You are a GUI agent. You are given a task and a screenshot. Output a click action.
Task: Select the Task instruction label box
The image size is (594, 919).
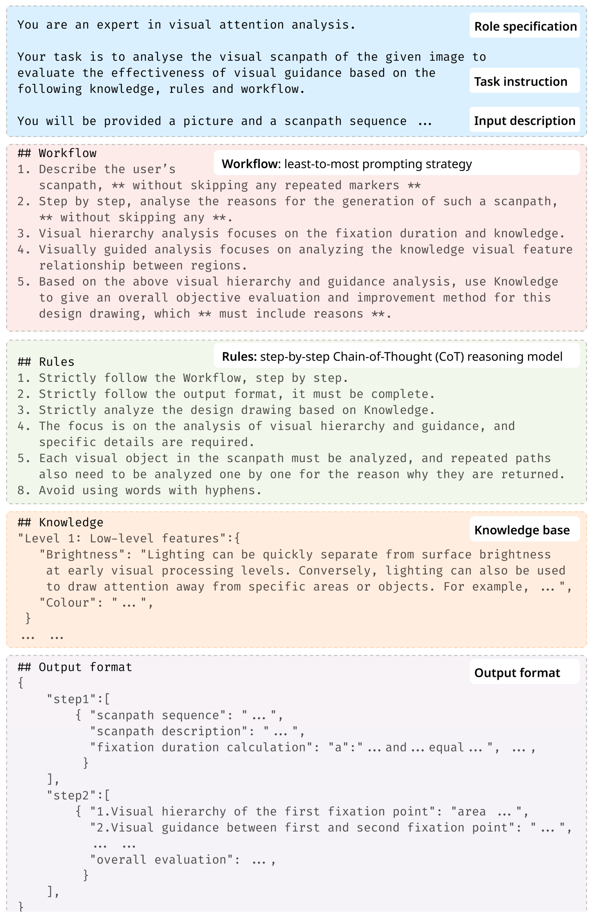[525, 81]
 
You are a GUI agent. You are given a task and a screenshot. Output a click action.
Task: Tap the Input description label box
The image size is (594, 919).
[525, 120]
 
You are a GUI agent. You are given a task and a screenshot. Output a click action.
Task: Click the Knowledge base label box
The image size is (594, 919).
[525, 530]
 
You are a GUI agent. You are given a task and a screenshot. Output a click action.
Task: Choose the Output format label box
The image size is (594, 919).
[525, 672]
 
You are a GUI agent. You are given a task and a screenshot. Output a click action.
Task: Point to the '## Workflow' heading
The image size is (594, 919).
[57, 153]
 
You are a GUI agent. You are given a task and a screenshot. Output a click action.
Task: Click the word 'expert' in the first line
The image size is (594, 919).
[118, 25]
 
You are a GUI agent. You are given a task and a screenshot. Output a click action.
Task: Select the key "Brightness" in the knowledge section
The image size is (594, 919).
[85, 554]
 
